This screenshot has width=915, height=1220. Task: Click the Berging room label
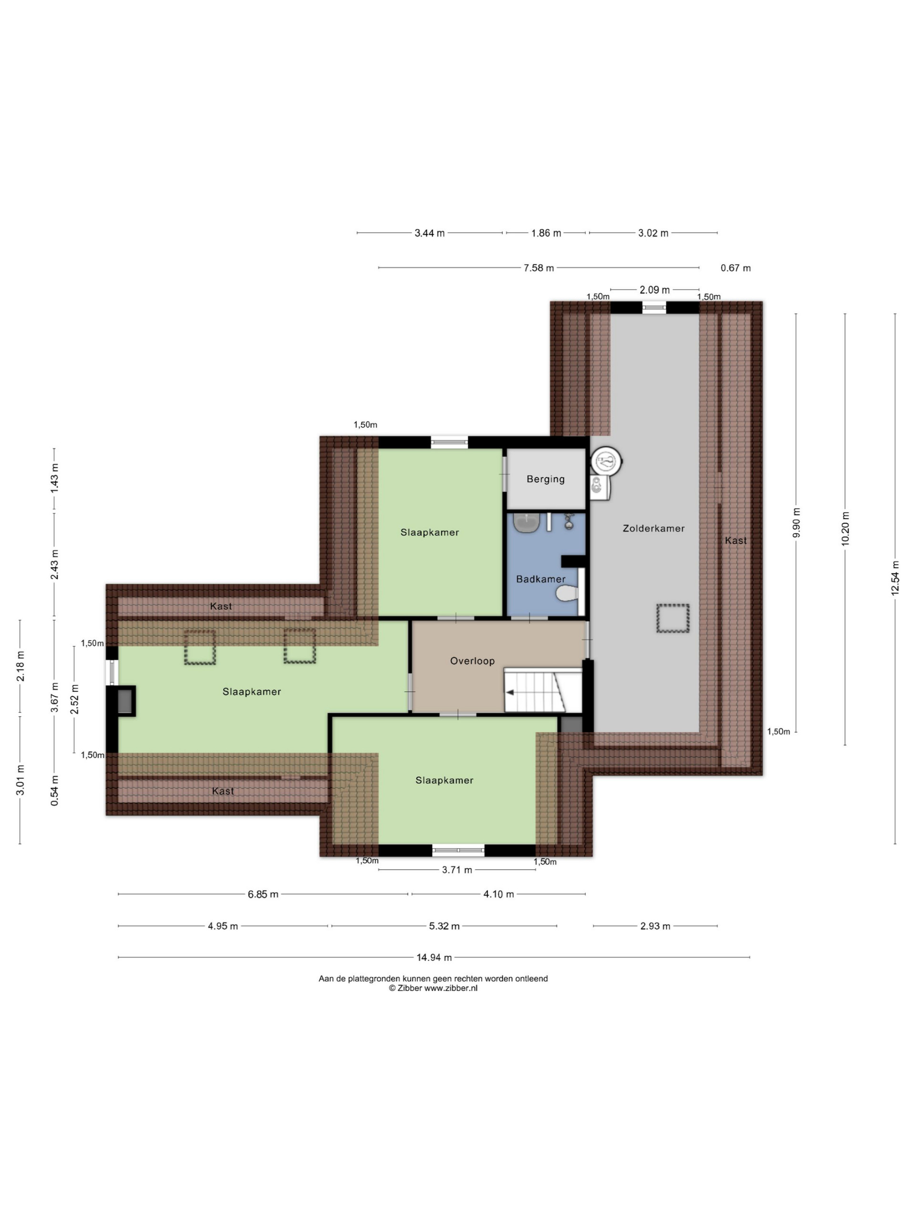click(x=546, y=479)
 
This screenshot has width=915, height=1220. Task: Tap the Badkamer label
click(x=540, y=579)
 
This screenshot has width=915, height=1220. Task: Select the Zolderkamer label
click(x=653, y=529)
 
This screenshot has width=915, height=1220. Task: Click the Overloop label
click(x=472, y=661)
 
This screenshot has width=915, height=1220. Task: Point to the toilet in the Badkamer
click(x=568, y=593)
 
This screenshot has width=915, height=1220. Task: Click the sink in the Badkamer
click(x=526, y=523)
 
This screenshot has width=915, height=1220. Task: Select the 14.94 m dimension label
click(x=434, y=957)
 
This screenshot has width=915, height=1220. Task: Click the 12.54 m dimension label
click(x=895, y=578)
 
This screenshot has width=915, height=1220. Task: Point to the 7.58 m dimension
click(x=539, y=268)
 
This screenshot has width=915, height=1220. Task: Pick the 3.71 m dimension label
click(x=457, y=870)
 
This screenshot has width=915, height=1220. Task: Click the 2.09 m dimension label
click(x=655, y=290)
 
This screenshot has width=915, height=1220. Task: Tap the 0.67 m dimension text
click(x=736, y=268)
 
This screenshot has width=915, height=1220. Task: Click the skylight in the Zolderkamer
click(x=673, y=618)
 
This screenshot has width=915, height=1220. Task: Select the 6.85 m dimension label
click(x=263, y=894)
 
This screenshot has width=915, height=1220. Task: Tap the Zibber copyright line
click(x=433, y=988)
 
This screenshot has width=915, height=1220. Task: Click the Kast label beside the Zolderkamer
click(x=736, y=540)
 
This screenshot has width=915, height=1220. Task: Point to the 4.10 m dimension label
click(x=498, y=894)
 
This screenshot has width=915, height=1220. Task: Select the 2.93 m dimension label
click(x=655, y=926)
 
